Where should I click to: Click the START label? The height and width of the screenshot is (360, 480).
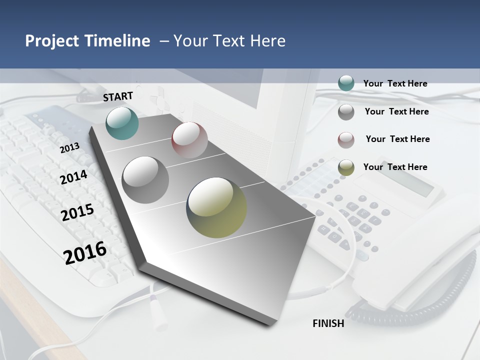pos(118,96)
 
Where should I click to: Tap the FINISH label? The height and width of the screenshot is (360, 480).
pos(328,323)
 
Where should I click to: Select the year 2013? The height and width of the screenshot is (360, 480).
pos(69,148)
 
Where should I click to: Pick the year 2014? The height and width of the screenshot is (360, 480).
pos(73,177)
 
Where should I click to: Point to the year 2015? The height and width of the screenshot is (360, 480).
pos(77,212)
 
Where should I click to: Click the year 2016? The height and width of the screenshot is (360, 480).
pos(85,252)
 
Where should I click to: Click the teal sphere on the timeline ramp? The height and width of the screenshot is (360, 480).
pos(122,123)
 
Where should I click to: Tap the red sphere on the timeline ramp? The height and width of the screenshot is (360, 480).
pos(189,139)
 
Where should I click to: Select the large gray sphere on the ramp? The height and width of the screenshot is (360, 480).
pos(145,180)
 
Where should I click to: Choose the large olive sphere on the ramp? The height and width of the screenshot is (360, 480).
pos(216,207)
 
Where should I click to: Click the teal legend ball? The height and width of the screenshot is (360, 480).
pos(346,83)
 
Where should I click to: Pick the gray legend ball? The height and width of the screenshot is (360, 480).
pos(346,112)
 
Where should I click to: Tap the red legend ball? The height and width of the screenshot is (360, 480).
pos(346,140)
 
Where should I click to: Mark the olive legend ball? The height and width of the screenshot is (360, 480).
pos(346,167)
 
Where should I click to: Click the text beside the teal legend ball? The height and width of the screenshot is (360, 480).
pos(395,83)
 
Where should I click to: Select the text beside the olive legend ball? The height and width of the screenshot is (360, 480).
pos(395,167)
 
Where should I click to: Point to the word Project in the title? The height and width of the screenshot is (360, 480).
pos(52,41)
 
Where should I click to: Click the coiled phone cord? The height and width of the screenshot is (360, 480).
pos(415,300)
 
